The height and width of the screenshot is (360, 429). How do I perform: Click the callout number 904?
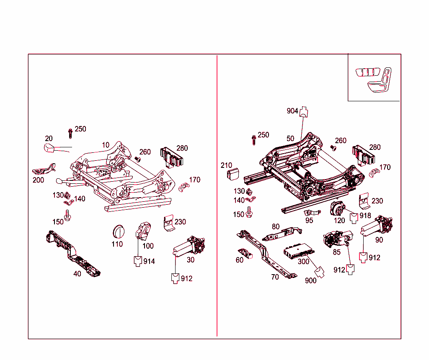click(292, 111)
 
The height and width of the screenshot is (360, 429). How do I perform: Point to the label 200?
click(38, 180)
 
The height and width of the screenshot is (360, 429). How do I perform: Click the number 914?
click(149, 261)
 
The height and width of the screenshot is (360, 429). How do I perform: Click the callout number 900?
click(310, 280)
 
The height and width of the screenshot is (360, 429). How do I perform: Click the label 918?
click(365, 216)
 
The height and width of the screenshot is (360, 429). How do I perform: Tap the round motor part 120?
click(337, 208)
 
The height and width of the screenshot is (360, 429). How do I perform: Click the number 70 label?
click(274, 277)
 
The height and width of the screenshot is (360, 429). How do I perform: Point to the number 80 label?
click(275, 227)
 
